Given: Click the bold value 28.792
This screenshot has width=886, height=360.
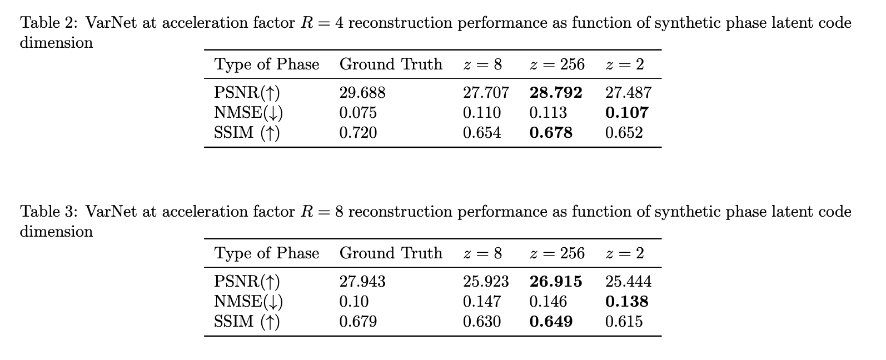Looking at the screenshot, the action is click(556, 92).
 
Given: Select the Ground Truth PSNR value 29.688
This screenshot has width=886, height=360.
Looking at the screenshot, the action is click(362, 92).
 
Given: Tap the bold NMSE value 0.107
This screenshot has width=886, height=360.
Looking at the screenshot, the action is click(626, 113).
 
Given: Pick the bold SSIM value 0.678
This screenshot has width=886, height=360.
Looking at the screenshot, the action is click(551, 132).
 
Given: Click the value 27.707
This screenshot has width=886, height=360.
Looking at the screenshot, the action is click(486, 92).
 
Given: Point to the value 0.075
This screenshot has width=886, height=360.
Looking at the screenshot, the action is click(358, 113).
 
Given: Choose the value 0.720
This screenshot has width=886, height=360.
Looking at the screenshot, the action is click(358, 132).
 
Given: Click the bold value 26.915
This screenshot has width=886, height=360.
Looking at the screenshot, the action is click(556, 281).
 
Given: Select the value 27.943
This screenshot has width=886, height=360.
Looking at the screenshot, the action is click(362, 281).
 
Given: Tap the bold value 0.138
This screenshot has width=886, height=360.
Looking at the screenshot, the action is click(626, 302).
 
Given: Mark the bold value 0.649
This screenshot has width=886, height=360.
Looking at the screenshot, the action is click(551, 321).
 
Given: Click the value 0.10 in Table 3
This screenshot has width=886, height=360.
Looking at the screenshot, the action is click(354, 302).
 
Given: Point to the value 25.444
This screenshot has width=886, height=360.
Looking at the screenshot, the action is click(628, 281).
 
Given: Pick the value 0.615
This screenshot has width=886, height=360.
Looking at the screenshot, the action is click(624, 321).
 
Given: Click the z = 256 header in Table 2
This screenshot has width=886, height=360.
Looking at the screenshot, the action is click(557, 64).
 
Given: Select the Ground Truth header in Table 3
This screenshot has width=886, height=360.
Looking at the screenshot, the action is click(391, 253).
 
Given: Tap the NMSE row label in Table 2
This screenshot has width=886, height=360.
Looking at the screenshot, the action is click(248, 113).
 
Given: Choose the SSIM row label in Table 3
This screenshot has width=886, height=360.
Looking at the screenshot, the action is click(247, 322).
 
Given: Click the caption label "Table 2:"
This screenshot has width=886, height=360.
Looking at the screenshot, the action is click(49, 23).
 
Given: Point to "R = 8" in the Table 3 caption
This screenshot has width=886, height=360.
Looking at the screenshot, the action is click(322, 212).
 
